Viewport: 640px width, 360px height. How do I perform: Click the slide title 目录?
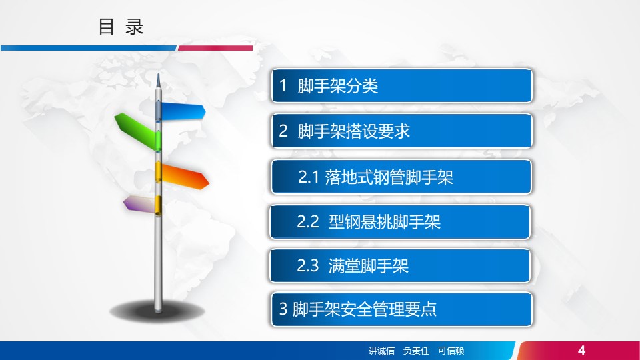(x=121, y=27)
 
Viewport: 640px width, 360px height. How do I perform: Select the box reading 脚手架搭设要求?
(x=402, y=131)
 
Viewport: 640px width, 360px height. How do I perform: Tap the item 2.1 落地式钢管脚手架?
(x=401, y=177)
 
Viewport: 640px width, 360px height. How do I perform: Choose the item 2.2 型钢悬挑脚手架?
(x=400, y=222)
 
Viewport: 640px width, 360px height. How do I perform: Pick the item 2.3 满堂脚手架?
(x=400, y=266)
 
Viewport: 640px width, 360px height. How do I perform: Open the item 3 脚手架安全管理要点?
(x=402, y=309)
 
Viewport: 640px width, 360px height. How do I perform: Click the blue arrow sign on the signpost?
(x=182, y=111)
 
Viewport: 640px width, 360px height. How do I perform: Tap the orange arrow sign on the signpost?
(x=185, y=175)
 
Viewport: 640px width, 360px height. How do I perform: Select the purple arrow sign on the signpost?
(x=139, y=204)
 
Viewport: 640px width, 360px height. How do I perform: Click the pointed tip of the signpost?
(x=159, y=74)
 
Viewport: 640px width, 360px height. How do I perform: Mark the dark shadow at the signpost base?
(x=157, y=312)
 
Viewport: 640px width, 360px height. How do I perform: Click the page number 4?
(x=581, y=350)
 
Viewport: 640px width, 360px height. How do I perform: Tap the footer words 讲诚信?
(x=381, y=351)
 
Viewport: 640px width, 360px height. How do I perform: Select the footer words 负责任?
(x=416, y=351)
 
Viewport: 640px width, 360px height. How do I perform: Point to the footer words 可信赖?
(x=451, y=351)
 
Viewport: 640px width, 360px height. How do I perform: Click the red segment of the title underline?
(x=215, y=48)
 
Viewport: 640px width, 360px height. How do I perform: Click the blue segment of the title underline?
(x=89, y=48)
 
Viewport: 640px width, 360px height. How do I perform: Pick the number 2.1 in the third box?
(x=308, y=177)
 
